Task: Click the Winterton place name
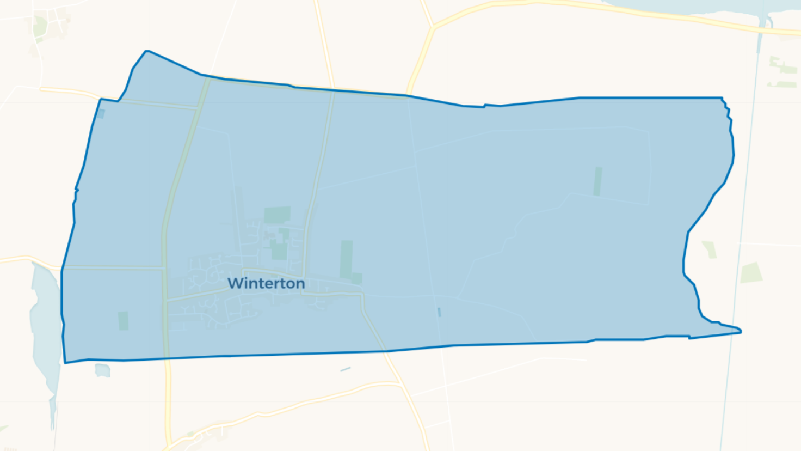(x=266, y=283)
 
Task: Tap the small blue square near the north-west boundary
(x=101, y=114)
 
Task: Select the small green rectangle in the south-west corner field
(x=124, y=321)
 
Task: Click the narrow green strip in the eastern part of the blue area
(x=597, y=181)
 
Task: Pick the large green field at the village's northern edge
(x=277, y=215)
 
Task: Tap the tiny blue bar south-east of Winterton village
(x=439, y=312)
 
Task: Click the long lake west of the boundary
(x=45, y=327)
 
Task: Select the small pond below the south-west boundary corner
(x=102, y=370)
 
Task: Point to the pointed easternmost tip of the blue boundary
(x=740, y=331)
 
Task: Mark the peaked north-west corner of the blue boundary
(x=146, y=52)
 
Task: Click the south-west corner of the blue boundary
(x=65, y=362)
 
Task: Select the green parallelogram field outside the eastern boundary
(x=751, y=272)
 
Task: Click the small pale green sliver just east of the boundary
(x=709, y=249)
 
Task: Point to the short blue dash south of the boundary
(x=346, y=369)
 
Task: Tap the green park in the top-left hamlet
(x=40, y=26)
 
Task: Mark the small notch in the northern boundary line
(x=484, y=106)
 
